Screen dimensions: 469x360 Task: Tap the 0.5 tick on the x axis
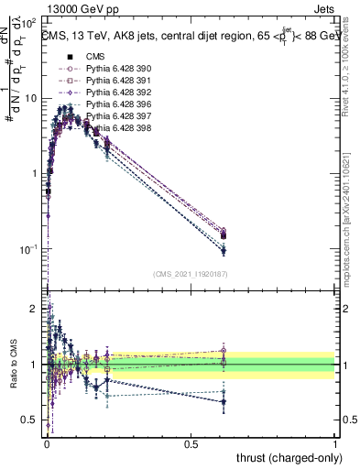click(191, 443)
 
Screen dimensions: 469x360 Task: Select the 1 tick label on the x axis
click(335, 443)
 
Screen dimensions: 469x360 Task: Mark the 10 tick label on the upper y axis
click(30, 98)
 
